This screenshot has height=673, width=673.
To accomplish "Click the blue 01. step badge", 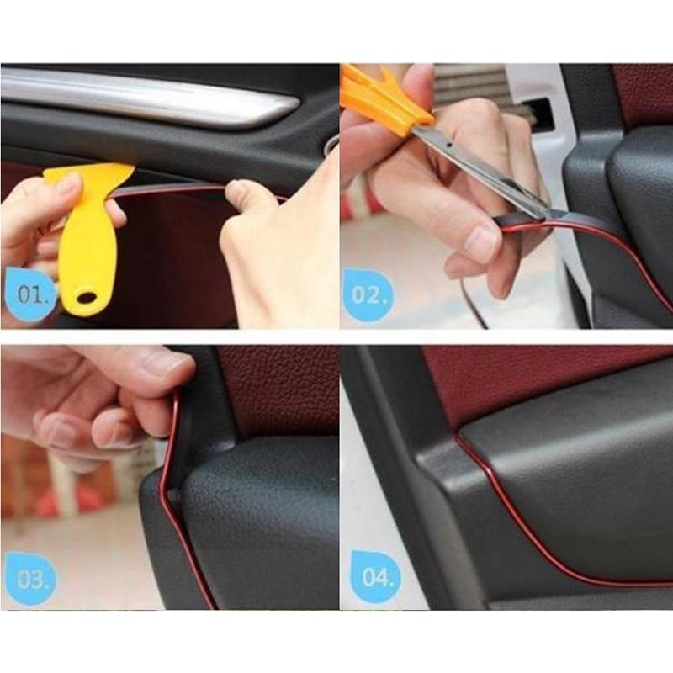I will coord(30,294).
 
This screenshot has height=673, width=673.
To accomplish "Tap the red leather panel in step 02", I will coord(644,93).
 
